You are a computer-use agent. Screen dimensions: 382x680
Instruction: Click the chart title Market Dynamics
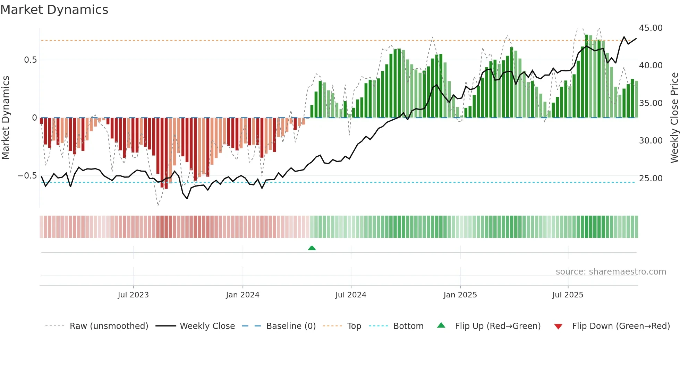pos(54,10)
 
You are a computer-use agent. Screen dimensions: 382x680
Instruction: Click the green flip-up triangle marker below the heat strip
pos(312,248)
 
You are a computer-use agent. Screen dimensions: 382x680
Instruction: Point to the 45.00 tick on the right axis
pos(651,28)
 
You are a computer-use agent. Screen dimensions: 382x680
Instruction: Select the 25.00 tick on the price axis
pos(651,178)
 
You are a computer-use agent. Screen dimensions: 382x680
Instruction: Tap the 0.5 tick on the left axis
pos(30,60)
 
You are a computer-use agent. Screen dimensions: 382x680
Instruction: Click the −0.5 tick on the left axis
pos(27,176)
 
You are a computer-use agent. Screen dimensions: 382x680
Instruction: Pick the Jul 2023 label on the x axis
pos(133,295)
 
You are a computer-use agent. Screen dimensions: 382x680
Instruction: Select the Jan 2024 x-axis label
pos(243,295)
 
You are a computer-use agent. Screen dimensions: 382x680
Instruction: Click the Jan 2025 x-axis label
pos(460,295)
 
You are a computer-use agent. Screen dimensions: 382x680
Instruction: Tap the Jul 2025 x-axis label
pos(568,295)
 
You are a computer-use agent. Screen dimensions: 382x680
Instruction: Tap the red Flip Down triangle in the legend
pos(558,327)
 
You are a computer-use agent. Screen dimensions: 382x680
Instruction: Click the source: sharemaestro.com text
pos(611,272)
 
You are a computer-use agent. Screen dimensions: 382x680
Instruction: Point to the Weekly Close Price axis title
pos(674,118)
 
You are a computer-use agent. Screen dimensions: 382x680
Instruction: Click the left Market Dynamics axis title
pos(6,118)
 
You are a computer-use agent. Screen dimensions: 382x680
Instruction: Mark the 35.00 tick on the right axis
pos(651,103)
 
